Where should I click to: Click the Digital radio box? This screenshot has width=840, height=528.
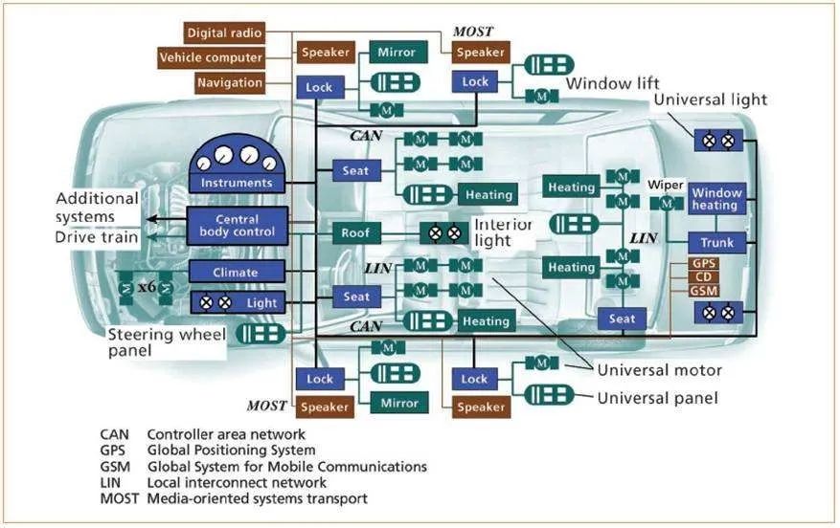point(227,33)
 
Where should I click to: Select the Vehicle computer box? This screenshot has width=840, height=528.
point(212,57)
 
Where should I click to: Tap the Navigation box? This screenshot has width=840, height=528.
point(230,82)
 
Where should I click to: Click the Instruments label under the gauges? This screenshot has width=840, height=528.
point(236,183)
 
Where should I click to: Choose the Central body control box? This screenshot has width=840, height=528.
point(236,225)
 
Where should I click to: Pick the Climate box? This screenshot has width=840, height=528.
point(236,273)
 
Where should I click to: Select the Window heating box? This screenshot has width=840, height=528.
point(716,199)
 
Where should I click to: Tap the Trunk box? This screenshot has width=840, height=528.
point(716,243)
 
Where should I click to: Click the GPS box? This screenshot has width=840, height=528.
point(703,263)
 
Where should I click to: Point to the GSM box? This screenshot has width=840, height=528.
point(703,290)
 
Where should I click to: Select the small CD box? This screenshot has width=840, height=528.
point(703,276)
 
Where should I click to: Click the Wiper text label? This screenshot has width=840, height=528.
point(665,184)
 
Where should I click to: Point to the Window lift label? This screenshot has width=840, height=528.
point(612,84)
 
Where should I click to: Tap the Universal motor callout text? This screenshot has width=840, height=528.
point(659,370)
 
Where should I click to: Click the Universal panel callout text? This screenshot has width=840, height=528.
point(657,397)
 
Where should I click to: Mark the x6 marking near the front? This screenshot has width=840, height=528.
point(146,285)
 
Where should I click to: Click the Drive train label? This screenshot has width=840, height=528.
point(95,237)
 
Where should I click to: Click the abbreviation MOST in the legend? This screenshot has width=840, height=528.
point(119,498)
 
